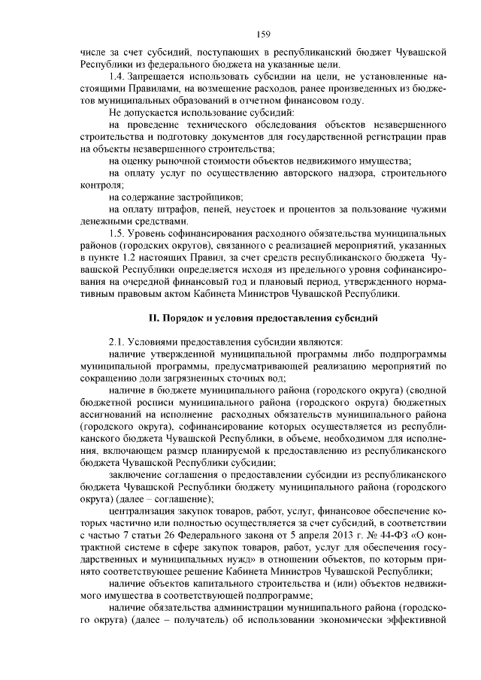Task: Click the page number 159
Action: (x=263, y=33)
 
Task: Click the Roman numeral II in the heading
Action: (x=154, y=318)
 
